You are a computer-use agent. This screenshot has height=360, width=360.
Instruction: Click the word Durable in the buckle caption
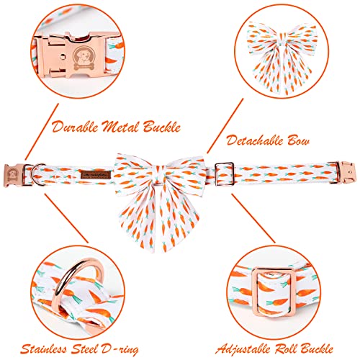[75, 127]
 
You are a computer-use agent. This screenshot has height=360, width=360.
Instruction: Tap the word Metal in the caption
[120, 127]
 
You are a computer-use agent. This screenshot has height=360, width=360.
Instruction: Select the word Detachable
[255, 140]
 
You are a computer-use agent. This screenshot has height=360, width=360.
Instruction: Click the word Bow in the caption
[299, 140]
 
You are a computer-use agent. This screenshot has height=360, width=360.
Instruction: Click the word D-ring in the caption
[120, 349]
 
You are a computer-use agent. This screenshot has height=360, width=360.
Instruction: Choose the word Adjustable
[243, 349]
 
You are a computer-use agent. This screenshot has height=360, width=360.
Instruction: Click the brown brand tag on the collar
[96, 174]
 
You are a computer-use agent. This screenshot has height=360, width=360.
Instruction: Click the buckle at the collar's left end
[14, 175]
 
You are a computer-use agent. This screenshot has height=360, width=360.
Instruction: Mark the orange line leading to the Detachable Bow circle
[225, 126]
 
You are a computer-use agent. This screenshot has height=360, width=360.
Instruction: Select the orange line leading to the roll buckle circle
[253, 218]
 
